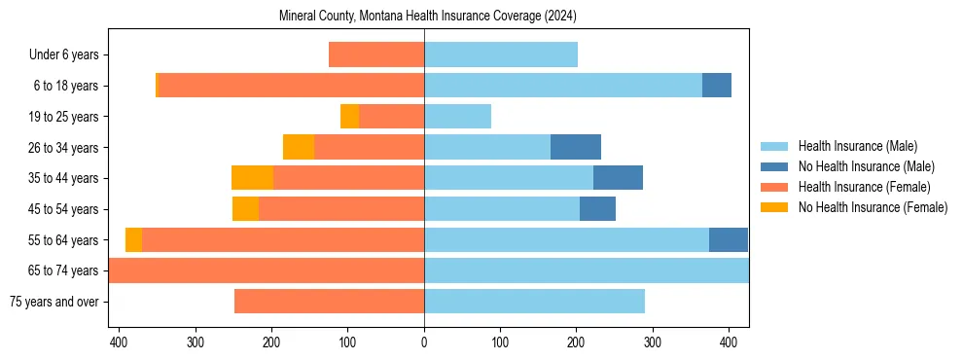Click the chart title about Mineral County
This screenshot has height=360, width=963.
click(x=428, y=17)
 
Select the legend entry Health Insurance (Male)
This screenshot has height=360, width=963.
click(x=857, y=146)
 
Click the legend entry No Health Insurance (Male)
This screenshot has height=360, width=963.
click(x=866, y=166)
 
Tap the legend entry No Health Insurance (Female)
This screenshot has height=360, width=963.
click(x=873, y=207)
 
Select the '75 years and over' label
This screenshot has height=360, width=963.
click(x=53, y=302)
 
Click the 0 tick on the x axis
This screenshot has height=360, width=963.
click(x=424, y=342)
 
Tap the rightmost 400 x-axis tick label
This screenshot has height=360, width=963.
click(x=729, y=342)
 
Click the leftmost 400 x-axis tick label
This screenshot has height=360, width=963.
click(x=119, y=342)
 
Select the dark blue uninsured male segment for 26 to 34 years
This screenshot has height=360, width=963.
click(x=576, y=147)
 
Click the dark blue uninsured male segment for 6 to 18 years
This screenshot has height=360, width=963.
click(x=717, y=86)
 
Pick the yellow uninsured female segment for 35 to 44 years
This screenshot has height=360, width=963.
click(x=252, y=178)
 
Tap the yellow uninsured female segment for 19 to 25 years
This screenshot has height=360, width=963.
click(x=349, y=117)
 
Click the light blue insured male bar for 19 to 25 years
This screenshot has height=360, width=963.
click(x=457, y=117)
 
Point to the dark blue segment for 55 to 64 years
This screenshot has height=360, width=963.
click(x=729, y=239)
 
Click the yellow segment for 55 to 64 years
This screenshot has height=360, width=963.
click(x=133, y=239)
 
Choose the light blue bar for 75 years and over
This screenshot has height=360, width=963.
click(x=534, y=302)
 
